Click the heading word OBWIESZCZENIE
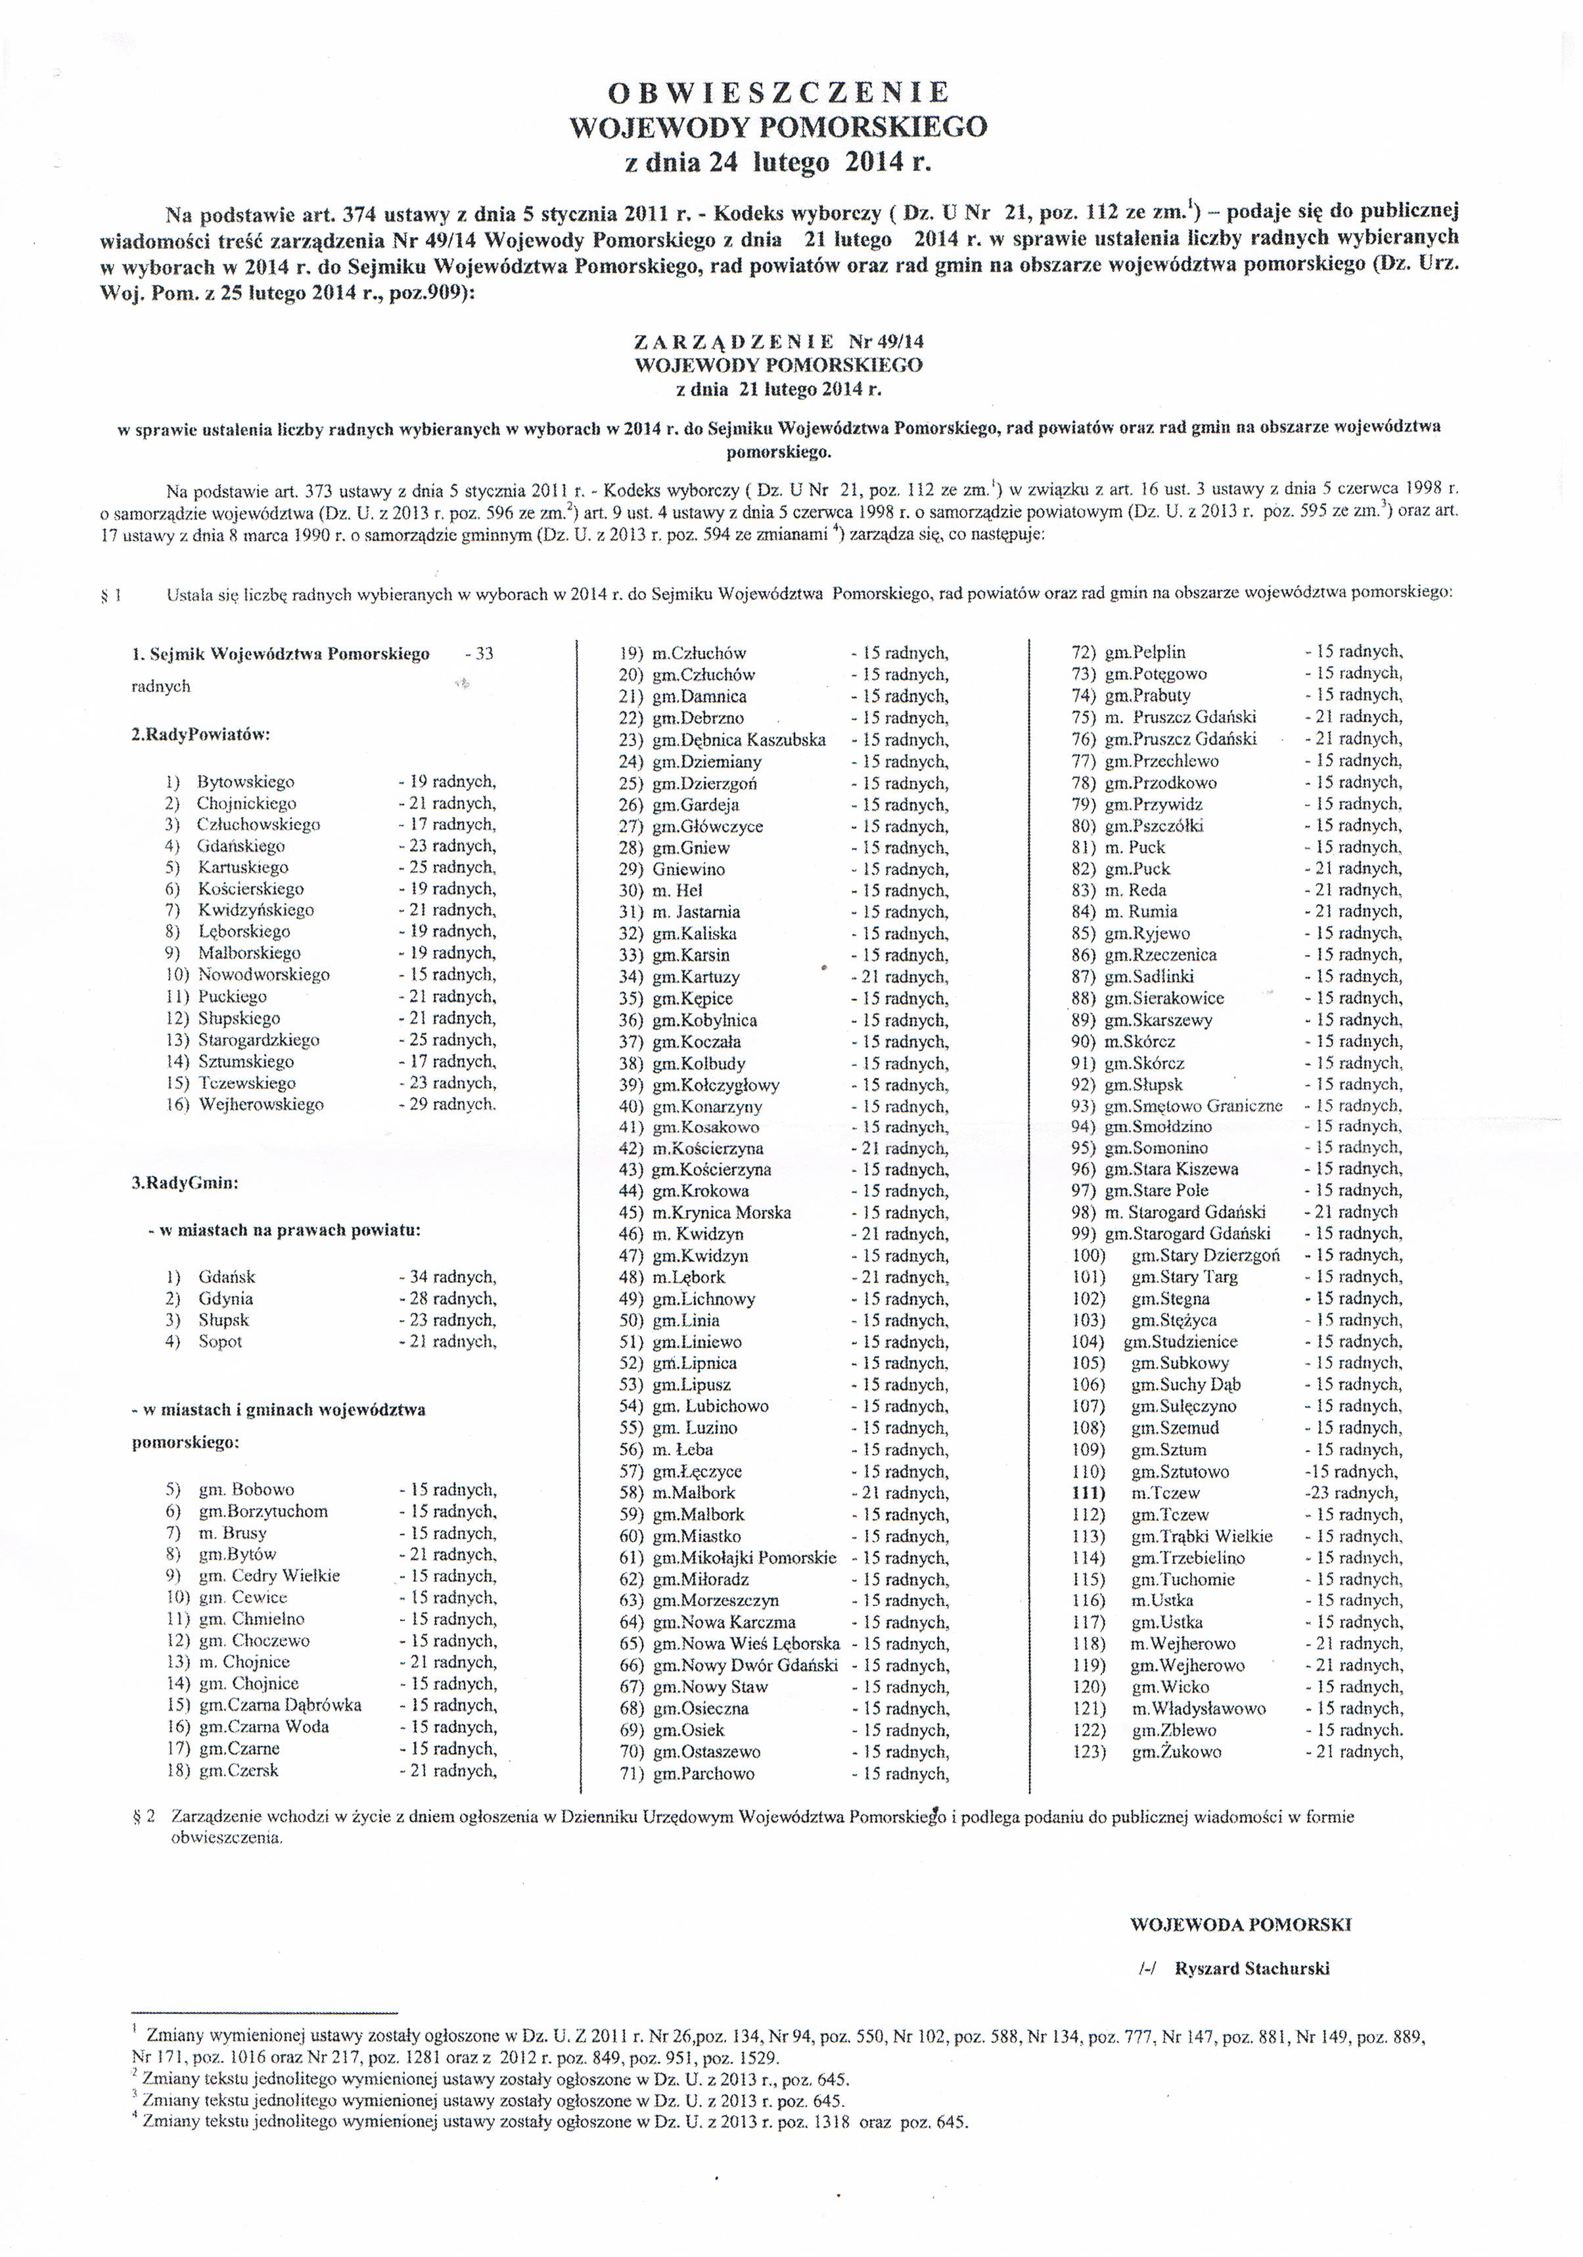click(x=779, y=93)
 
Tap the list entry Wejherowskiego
click(x=261, y=1104)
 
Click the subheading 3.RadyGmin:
click(x=185, y=1184)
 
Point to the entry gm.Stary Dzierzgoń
click(x=1205, y=1255)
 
